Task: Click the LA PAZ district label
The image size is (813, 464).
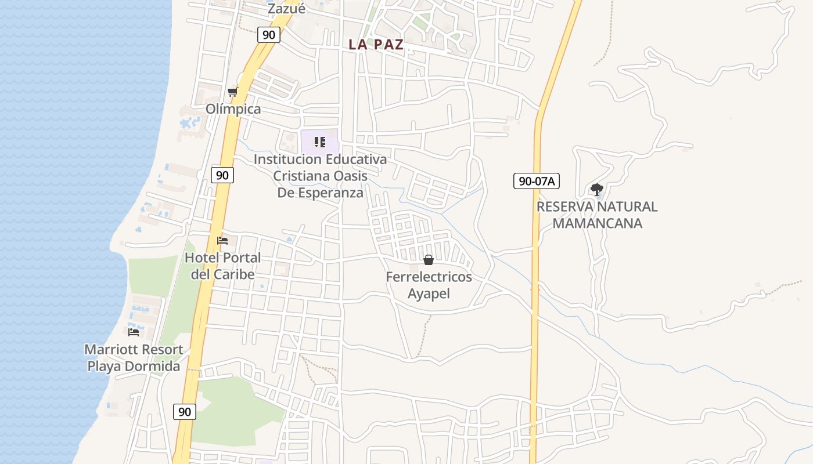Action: (376, 45)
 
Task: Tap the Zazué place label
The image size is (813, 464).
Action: (286, 9)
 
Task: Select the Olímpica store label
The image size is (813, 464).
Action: (233, 109)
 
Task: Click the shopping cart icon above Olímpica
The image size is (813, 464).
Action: (233, 92)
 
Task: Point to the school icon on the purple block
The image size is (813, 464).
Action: (319, 142)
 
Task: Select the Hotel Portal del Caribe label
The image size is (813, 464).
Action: (223, 266)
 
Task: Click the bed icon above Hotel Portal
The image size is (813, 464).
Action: (222, 241)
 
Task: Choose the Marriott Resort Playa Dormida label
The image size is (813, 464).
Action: (134, 358)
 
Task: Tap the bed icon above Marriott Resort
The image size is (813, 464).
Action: (134, 332)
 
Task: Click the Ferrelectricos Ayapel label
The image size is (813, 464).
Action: (429, 285)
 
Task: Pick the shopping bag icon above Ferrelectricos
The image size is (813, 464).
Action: (429, 260)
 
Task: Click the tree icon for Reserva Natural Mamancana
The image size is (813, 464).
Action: (596, 189)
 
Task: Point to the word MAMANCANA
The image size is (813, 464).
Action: (597, 223)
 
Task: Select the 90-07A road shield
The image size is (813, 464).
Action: (536, 181)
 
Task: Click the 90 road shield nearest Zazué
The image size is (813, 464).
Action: (268, 35)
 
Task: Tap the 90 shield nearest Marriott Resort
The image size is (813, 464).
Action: (185, 412)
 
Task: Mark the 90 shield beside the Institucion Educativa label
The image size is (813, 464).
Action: (222, 175)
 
